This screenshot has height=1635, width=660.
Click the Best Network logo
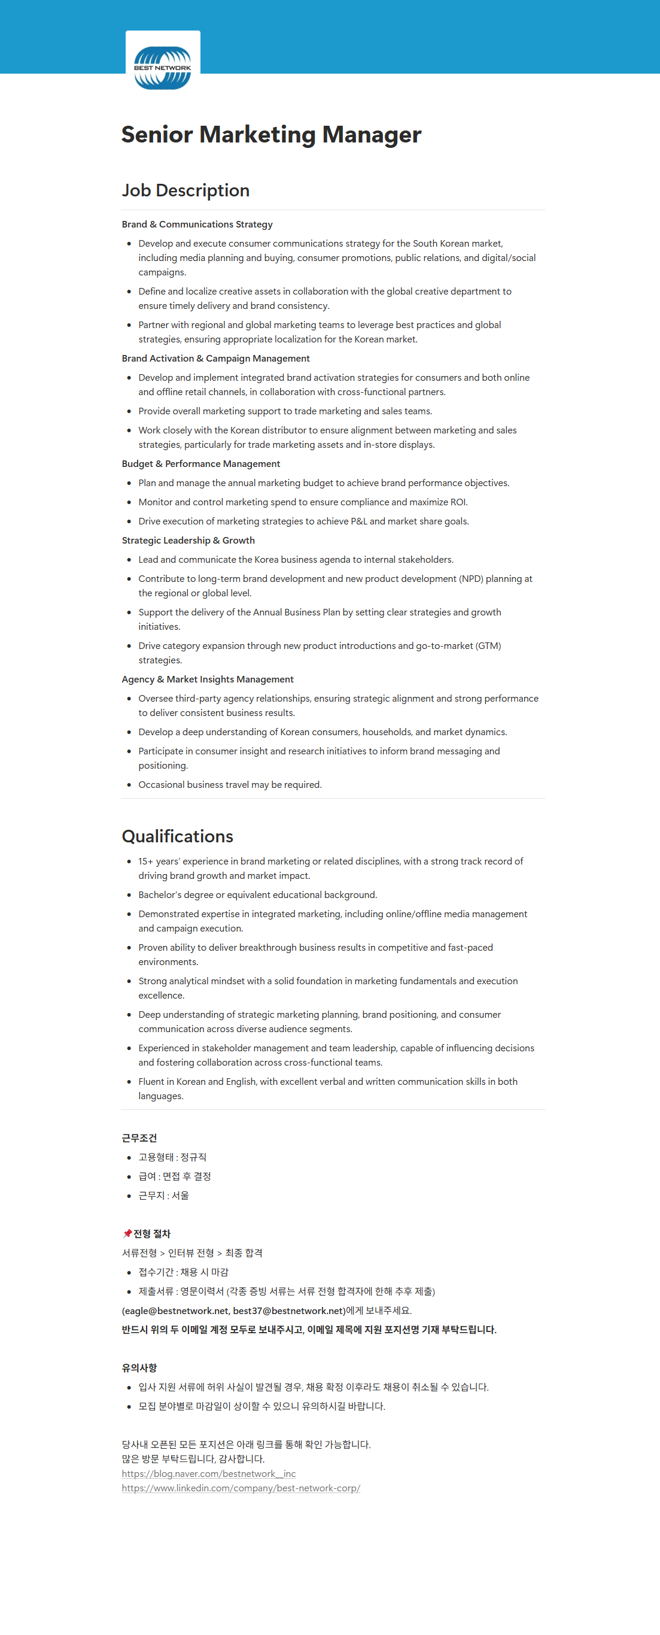pos(163,67)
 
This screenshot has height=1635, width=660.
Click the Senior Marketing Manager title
pos(271,135)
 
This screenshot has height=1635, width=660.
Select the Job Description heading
pos(185,190)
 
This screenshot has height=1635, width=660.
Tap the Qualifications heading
pos(177,836)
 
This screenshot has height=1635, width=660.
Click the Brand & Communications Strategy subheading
pos(197,224)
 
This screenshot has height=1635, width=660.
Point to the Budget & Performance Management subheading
pos(200,463)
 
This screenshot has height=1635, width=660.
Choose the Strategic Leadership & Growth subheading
pos(188,540)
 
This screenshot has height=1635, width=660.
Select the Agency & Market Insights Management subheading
pos(207,679)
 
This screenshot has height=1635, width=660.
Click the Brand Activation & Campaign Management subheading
pos(215,358)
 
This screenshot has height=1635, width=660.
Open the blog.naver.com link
pos(208,1473)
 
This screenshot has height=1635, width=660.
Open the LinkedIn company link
pos(241,1488)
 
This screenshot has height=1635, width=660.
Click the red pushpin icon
pos(127,1233)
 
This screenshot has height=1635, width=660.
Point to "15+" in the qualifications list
pos(145,861)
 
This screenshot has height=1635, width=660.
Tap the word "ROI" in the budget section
pos(458,502)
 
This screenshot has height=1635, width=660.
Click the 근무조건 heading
pos(139,1137)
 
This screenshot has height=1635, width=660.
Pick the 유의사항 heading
pos(139,1367)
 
